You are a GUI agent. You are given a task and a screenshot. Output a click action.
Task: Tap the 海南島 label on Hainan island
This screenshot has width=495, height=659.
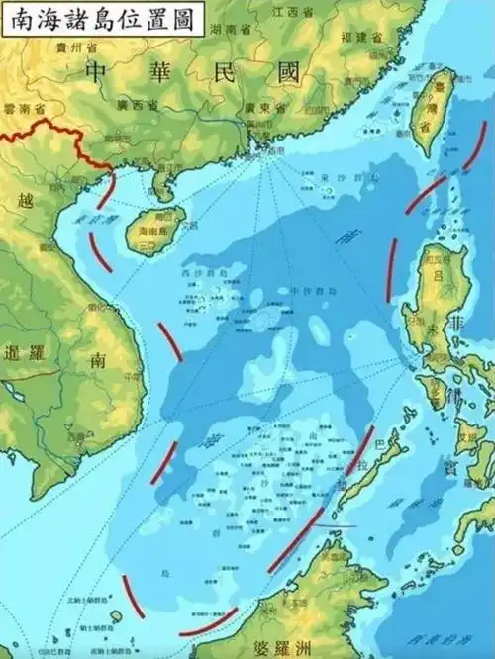click(x=148, y=229)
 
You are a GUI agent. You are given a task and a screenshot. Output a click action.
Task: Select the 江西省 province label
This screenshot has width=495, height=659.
click(x=288, y=11)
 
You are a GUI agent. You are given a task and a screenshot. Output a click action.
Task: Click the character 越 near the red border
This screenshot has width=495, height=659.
click(x=26, y=200)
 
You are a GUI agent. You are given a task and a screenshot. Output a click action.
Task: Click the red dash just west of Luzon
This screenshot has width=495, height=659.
click(x=393, y=269)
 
